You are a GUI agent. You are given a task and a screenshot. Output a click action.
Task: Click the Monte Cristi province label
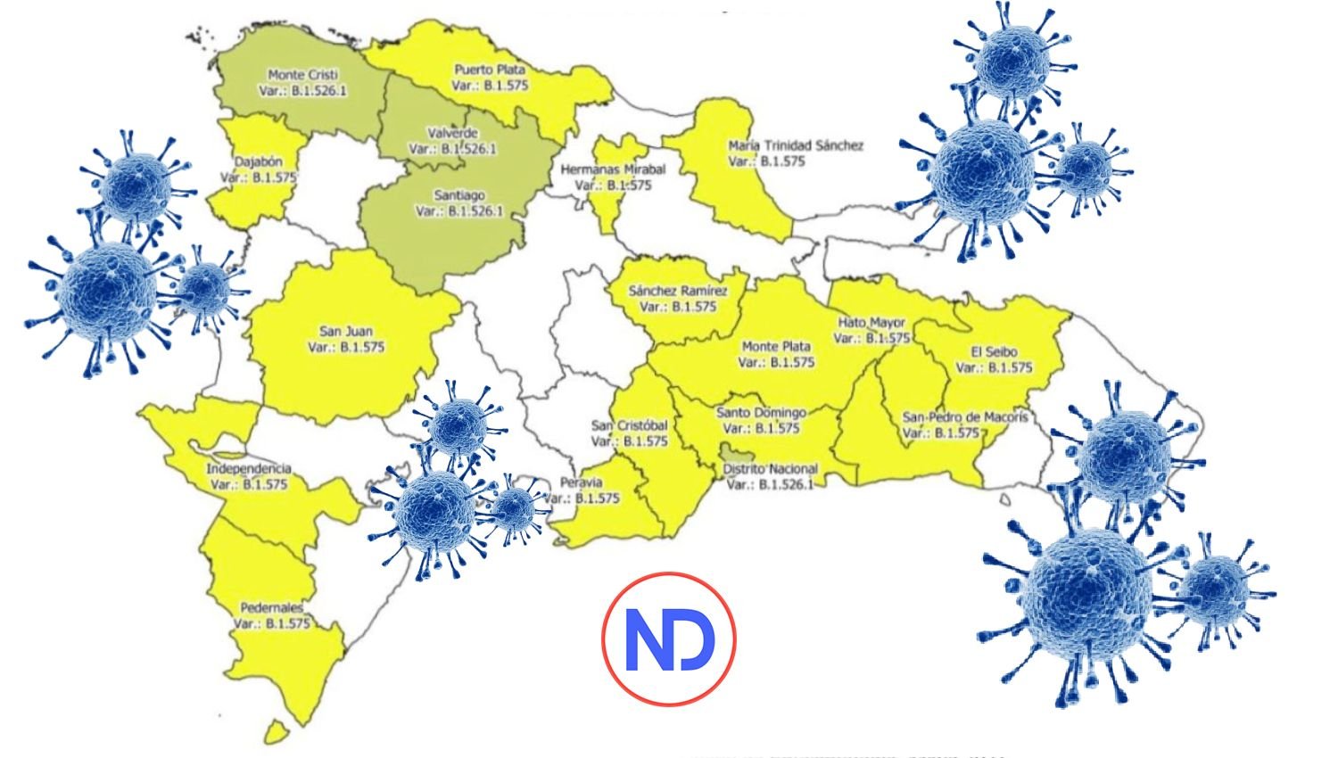tap(303, 76)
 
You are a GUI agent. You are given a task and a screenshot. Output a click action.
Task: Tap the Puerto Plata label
tap(490, 70)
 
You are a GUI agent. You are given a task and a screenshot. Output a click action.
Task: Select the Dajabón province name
tap(259, 162)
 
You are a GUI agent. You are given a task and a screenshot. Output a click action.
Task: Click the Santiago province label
tap(459, 195)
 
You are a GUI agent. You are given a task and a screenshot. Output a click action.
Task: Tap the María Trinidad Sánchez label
tap(795, 145)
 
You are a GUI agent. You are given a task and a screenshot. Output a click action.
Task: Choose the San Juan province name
tap(346, 331)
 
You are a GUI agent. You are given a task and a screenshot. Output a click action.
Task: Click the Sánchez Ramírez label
tap(678, 291)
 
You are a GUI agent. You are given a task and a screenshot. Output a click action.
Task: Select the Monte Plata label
tap(776, 346)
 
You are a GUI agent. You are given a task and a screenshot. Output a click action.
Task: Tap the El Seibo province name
tap(994, 351)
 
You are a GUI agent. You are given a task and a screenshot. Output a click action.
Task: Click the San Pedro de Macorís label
tap(965, 416)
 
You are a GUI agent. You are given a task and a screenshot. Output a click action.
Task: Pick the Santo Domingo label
tap(761, 413)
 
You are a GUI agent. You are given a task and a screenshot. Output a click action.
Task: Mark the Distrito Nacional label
tap(770, 469)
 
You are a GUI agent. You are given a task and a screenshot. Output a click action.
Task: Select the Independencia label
tap(249, 469)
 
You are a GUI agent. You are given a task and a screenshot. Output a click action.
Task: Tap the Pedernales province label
tap(271, 608)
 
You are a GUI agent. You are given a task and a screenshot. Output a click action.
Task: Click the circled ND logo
tap(669, 639)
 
